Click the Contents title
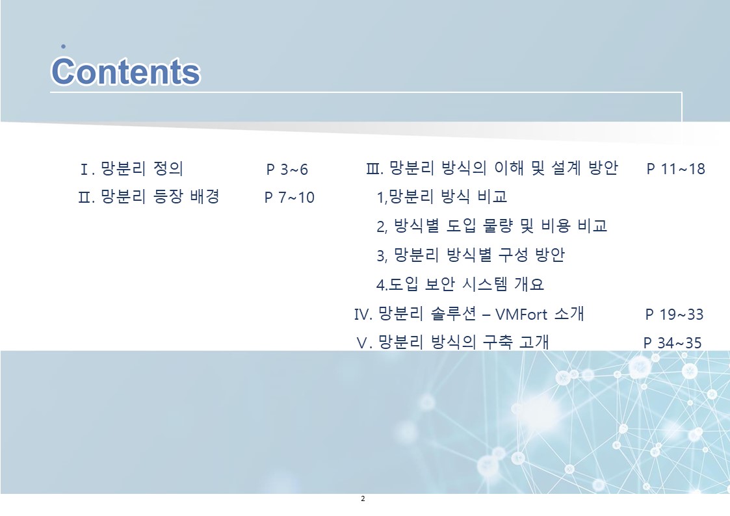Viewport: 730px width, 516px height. coord(125,71)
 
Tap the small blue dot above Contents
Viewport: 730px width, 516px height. coord(63,47)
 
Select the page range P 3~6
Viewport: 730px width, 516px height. coord(287,170)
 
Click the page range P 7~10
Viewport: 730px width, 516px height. coord(289,198)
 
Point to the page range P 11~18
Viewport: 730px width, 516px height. coord(675,168)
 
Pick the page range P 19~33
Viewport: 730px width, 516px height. coord(674,314)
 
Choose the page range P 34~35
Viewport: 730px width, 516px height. coord(672,343)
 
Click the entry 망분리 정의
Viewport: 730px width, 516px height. coord(142,168)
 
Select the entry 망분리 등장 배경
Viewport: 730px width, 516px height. coord(160,196)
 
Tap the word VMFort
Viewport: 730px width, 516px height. coord(521,315)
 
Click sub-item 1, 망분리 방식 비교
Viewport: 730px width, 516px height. coord(441,197)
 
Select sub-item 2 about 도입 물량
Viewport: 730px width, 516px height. coord(491,226)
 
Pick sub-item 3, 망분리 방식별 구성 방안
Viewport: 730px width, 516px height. coord(471,255)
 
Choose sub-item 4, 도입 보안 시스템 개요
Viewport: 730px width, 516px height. coord(460,284)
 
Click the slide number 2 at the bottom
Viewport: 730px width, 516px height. coord(363,499)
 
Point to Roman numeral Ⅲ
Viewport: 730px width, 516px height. coord(373,168)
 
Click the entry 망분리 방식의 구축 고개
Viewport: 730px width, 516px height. coord(463,342)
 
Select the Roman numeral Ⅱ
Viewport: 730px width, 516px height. coord(85,198)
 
